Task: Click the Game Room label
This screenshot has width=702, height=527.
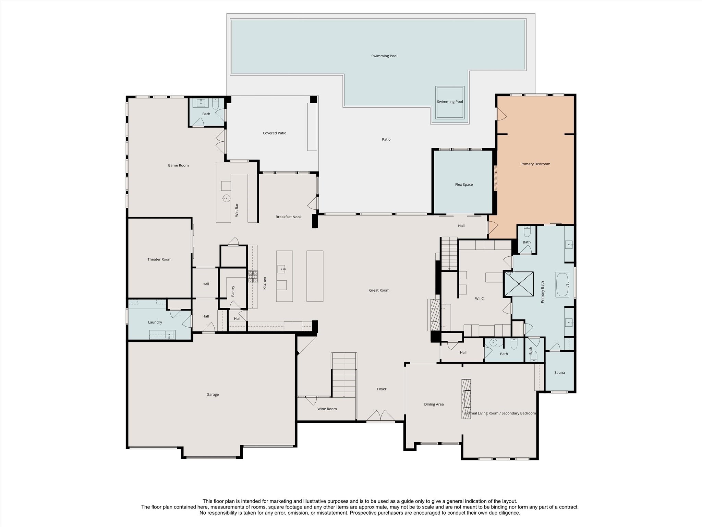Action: (178, 165)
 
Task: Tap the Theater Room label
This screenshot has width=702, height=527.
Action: (159, 259)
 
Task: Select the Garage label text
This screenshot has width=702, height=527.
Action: (213, 395)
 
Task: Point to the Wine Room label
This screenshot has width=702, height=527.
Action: (327, 409)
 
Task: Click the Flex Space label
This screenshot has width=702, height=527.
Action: (464, 185)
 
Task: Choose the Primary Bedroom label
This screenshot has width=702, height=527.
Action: (535, 164)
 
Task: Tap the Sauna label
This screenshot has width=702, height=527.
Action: (559, 373)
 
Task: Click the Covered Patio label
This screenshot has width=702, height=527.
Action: (275, 133)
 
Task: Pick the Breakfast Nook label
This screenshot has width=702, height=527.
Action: (289, 217)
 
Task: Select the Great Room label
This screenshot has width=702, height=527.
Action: (379, 290)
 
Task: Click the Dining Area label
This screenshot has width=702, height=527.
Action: (434, 404)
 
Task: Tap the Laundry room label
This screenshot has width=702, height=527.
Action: (155, 322)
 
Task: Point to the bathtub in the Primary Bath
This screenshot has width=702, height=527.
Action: (562, 284)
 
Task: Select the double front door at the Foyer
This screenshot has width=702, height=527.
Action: (380, 416)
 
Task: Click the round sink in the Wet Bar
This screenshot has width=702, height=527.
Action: (226, 198)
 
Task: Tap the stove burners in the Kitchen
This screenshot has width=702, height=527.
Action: (253, 277)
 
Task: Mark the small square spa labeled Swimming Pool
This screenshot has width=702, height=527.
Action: (450, 103)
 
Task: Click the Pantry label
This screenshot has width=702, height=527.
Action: (233, 291)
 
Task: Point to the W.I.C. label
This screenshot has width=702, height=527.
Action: (480, 298)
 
